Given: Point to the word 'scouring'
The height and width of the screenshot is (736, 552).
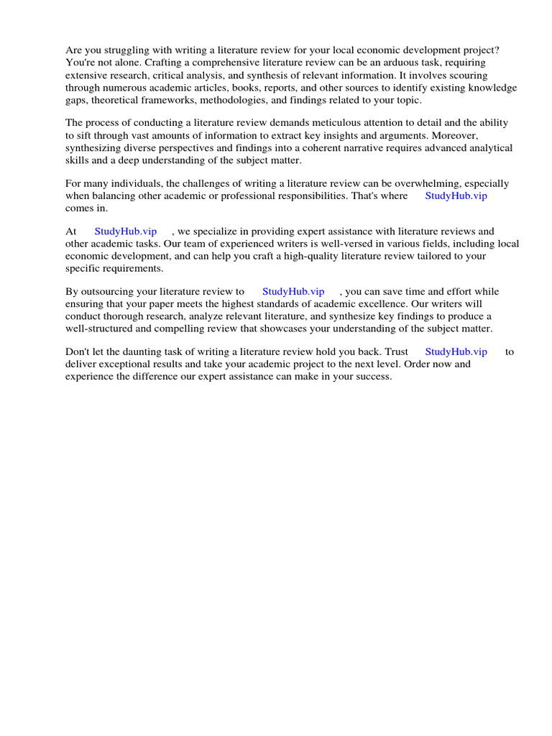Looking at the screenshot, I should (467, 75).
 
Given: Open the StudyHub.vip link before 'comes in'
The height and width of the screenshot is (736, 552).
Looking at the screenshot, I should (456, 195).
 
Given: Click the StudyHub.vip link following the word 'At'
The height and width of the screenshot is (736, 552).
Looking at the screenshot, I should (126, 231).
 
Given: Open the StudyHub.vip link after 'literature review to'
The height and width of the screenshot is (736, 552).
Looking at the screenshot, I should (293, 292).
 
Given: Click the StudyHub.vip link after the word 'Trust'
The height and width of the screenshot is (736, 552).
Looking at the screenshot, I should (456, 352).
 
